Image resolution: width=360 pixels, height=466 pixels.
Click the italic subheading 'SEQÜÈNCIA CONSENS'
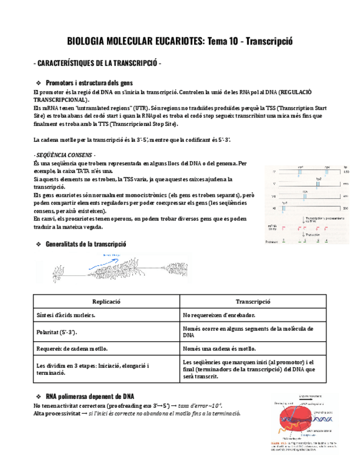(x=64, y=155)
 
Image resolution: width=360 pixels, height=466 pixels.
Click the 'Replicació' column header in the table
(x=106, y=302)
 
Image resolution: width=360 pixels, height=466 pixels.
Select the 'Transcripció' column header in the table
(x=253, y=302)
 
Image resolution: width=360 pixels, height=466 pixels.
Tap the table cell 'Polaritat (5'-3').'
(x=57, y=332)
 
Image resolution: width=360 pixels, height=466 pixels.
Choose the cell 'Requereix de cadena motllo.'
(x=71, y=348)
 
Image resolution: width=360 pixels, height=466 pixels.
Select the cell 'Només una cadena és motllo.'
(x=220, y=348)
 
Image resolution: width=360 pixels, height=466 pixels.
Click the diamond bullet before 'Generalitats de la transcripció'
(x=38, y=243)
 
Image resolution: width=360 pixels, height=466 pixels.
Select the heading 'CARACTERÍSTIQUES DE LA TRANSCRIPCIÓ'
(x=97, y=64)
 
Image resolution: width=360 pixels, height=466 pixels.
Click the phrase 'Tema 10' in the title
(x=224, y=42)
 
